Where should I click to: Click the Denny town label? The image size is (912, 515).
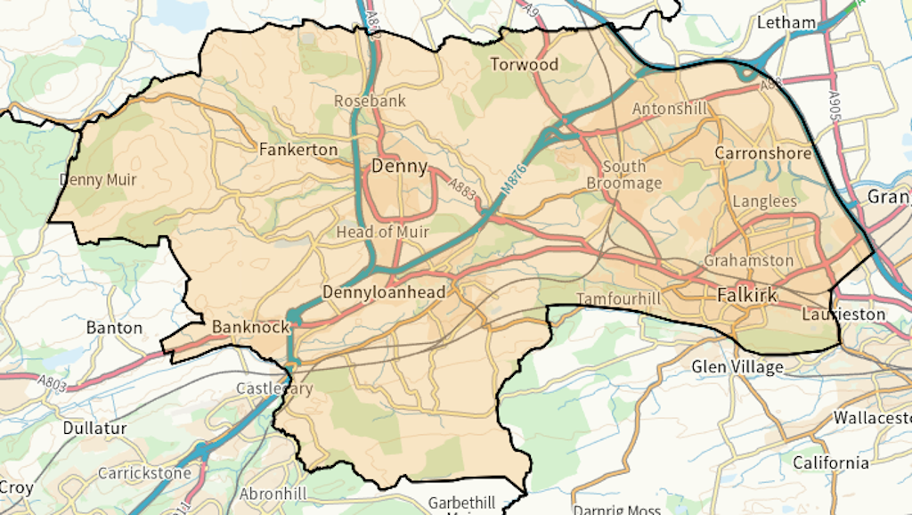pos(399,166)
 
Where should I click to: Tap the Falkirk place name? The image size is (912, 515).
pos(747,295)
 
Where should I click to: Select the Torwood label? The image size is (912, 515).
pos(525,64)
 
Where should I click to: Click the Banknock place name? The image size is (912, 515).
pos(250,327)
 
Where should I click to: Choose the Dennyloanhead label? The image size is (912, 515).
pos(383,291)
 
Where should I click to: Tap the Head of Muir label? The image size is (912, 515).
pos(382,232)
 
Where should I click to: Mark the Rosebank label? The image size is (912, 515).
pos(370,101)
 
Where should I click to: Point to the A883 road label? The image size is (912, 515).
pos(463,189)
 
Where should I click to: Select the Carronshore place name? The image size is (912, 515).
pos(763,153)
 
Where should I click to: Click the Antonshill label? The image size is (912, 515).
pos(669,109)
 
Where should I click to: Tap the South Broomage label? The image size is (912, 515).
pos(624,175)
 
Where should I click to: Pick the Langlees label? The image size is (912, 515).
pos(764,201)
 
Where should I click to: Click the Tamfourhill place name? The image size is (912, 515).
pos(619,298)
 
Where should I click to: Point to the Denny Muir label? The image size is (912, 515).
pos(98,180)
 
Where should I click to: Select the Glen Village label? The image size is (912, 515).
pos(737,366)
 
